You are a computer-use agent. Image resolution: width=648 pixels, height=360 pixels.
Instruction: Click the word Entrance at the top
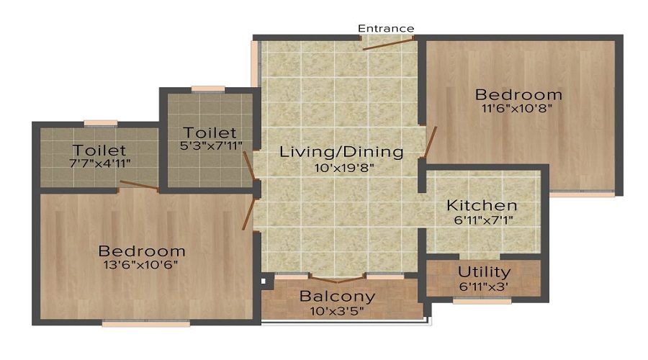pos(386,29)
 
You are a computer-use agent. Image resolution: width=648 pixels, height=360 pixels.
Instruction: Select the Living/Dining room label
pos(341,152)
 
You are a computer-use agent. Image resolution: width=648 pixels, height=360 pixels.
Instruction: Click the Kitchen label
pos(481,205)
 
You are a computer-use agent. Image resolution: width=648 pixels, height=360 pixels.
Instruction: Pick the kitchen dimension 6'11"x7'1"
pos(481,220)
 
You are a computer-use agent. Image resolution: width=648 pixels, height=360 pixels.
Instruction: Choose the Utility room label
pos(484,272)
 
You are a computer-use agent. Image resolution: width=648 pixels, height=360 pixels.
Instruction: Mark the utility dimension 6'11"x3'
pos(484,287)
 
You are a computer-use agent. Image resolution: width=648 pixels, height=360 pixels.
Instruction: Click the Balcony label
pos(337,296)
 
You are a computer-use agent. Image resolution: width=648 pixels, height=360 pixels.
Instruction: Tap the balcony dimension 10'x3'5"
pos(337,311)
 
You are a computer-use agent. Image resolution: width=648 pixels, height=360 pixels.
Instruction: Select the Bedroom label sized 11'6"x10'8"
pos(518,94)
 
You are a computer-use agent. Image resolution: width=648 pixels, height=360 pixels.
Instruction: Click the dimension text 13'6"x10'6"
pos(142,264)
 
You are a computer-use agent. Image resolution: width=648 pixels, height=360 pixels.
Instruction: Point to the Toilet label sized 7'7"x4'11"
pos(99,150)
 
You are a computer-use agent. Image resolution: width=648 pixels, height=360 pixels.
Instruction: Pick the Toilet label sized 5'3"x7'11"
pos(210,132)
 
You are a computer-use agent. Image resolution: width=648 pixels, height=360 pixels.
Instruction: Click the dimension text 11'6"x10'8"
pos(518,109)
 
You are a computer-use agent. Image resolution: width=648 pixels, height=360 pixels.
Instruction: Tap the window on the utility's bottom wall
pos(482,301)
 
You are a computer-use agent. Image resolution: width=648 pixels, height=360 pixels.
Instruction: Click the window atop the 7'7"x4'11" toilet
pos(101,123)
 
